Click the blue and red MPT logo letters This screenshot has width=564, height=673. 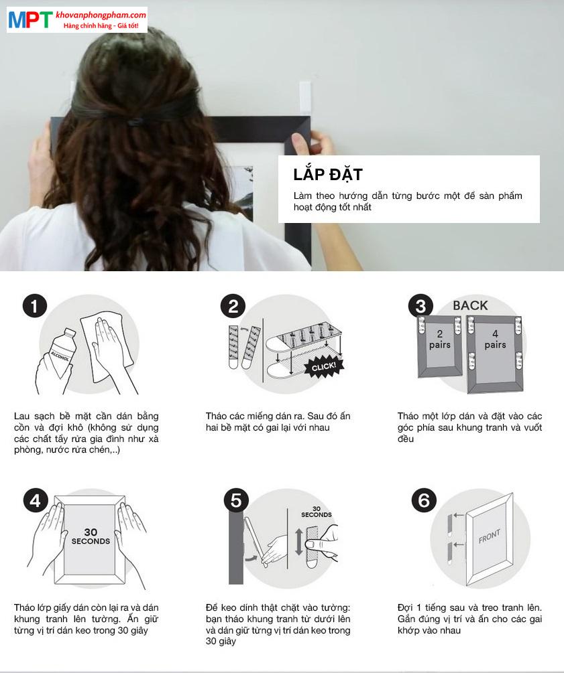pos(31,19)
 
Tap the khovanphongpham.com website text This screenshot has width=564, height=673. pos(101,15)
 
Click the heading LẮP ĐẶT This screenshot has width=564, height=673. pos(328,174)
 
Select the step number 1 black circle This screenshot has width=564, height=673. pos(34,306)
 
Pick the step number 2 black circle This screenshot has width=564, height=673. pos(233,306)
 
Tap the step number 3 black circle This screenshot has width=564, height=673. pos(420,306)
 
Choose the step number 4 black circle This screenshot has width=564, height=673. pos(36,500)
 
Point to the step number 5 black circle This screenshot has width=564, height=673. pos(236,500)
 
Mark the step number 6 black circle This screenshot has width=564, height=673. pos(424,500)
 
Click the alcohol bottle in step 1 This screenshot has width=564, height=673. pos(62,352)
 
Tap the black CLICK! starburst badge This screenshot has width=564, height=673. pos(324,367)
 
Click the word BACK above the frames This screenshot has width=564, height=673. pos(470,305)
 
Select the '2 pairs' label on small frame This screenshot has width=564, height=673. pos(439,339)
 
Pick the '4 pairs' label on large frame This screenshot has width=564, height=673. pos(495,339)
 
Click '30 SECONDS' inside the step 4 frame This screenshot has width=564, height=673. pos(91,536)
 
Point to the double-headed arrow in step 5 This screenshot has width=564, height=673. pos(298,542)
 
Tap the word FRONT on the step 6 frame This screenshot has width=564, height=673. pos(490,536)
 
